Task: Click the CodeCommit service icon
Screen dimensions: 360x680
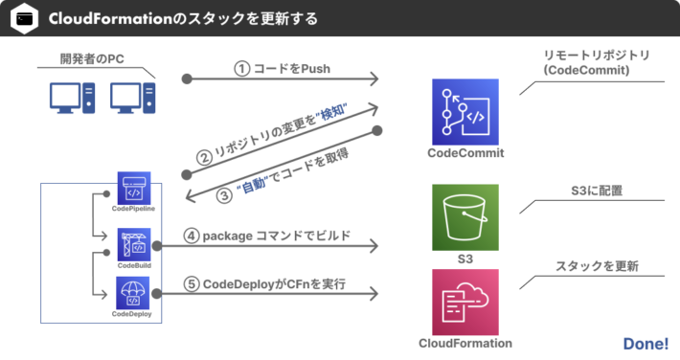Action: [x=465, y=111]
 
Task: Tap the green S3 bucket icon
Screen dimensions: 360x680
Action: [x=465, y=216]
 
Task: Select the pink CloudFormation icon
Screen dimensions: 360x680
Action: [x=465, y=302]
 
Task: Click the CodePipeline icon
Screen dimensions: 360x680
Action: [x=133, y=189]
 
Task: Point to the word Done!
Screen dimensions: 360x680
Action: [x=645, y=343]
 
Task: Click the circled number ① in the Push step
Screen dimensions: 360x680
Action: [x=241, y=69]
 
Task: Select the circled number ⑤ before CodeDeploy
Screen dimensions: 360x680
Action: [x=191, y=283]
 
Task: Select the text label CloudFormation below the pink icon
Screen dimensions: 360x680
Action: [x=465, y=343]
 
